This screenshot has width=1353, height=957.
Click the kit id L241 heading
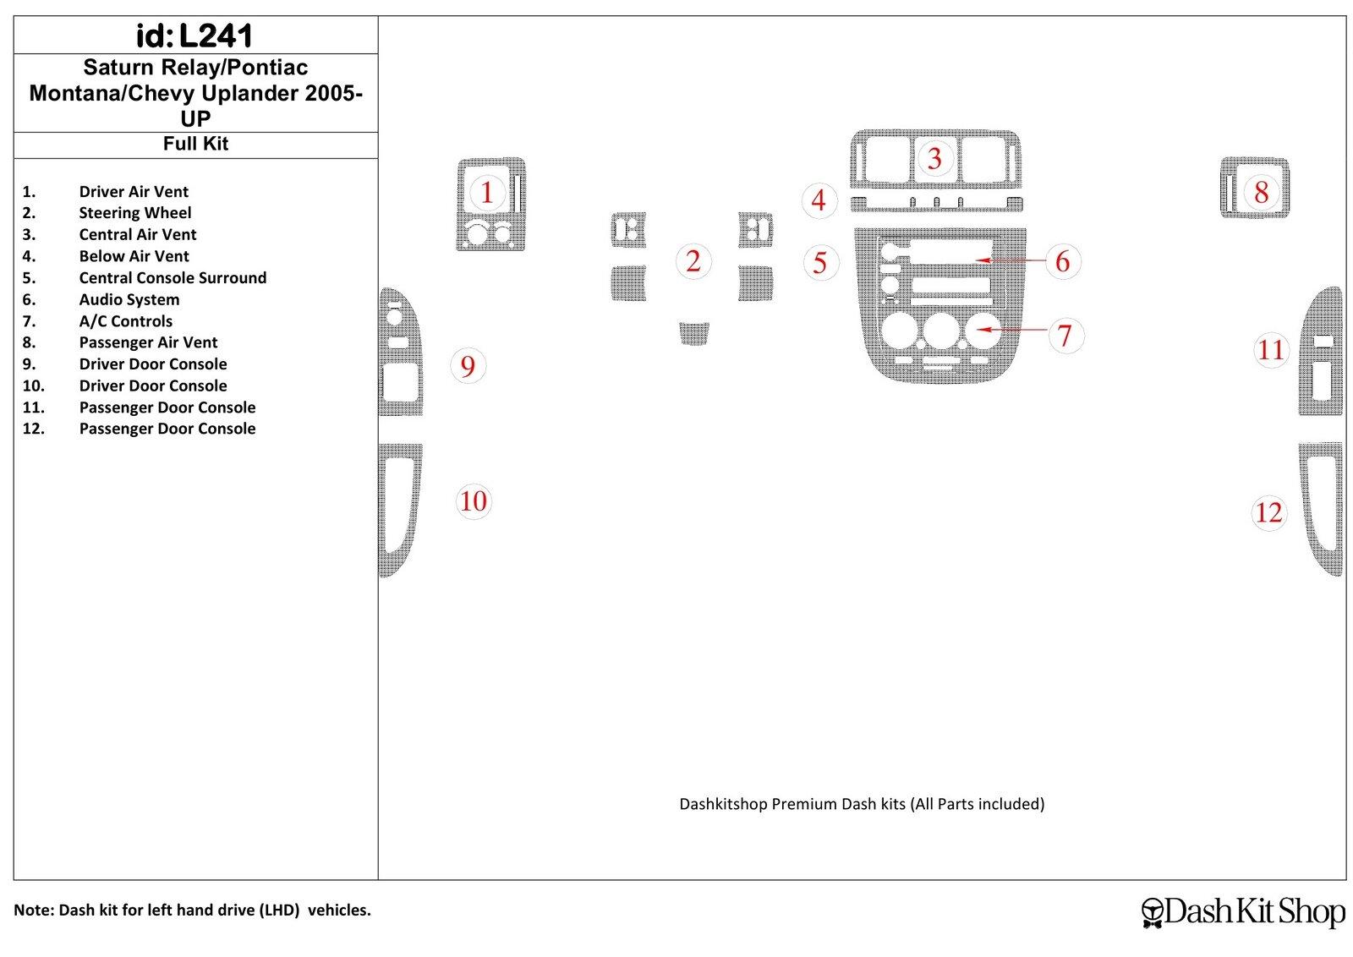pos(194,36)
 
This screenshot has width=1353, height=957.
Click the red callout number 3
pos(934,159)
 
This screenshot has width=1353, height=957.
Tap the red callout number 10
pos(474,501)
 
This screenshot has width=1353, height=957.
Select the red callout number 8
pos(1261,193)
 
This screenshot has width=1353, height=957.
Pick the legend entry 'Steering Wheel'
pos(135,213)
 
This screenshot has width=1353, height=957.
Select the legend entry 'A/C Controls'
pos(126,321)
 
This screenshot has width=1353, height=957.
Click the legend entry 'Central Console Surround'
pos(173,278)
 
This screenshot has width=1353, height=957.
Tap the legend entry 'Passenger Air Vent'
pos(148,342)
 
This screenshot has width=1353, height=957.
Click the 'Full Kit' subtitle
pos(195,145)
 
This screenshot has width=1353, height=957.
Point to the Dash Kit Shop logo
pos(1242,911)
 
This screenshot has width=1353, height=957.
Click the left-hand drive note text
pos(192,911)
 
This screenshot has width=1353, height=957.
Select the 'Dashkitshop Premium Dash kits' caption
pos(862,804)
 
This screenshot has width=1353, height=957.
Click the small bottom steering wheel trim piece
pos(693,333)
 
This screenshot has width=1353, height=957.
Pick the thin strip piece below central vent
pos(935,203)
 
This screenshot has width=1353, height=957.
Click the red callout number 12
pos(1268,512)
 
